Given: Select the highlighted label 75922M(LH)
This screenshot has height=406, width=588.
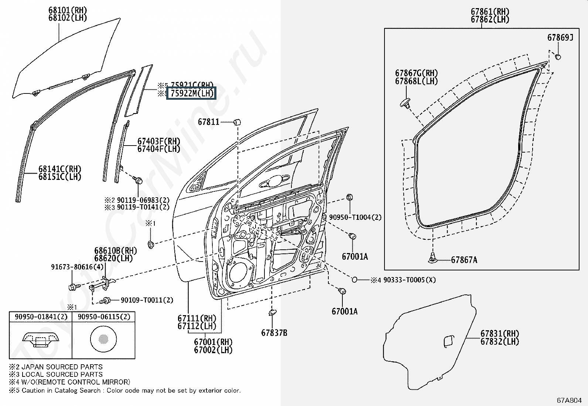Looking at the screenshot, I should pyautogui.click(x=192, y=93).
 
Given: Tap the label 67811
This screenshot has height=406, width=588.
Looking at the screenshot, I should pyautogui.click(x=209, y=122).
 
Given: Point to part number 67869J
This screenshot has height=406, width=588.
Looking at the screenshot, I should pyautogui.click(x=560, y=37).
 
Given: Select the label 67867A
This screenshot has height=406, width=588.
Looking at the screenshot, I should pyautogui.click(x=464, y=260).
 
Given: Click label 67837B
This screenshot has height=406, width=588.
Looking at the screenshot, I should pyautogui.click(x=274, y=333).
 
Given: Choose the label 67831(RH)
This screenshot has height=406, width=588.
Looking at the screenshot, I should pyautogui.click(x=500, y=334).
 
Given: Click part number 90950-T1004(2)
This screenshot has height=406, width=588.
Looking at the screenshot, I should pyautogui.click(x=355, y=218).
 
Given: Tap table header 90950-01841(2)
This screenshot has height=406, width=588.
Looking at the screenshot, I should pyautogui.click(x=41, y=317).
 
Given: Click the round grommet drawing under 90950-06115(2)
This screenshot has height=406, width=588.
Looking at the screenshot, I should pyautogui.click(x=103, y=338).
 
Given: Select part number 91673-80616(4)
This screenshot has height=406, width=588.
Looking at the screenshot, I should pyautogui.click(x=77, y=267).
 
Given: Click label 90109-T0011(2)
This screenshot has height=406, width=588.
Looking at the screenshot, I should pyautogui.click(x=147, y=300).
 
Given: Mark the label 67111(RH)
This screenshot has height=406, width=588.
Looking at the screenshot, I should pyautogui.click(x=197, y=318).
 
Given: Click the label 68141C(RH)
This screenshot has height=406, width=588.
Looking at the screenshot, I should pyautogui.click(x=60, y=169).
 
